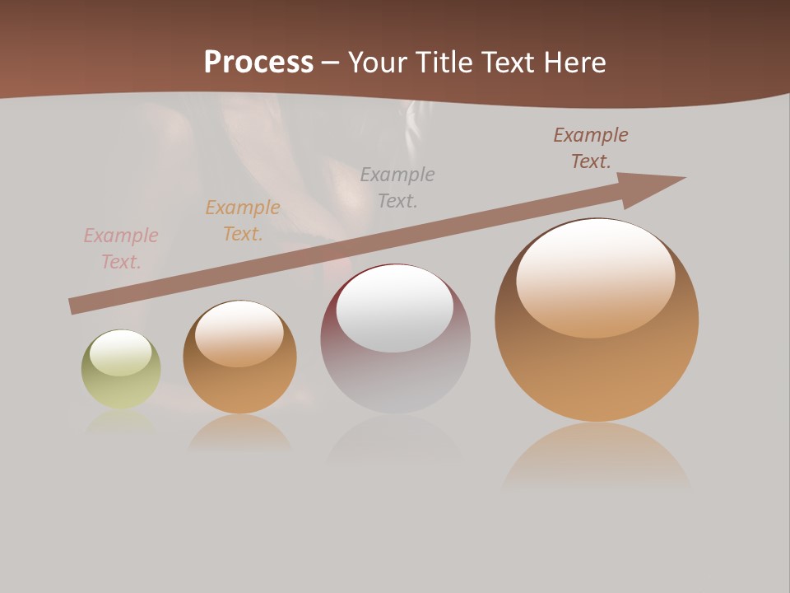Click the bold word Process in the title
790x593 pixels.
tap(258, 63)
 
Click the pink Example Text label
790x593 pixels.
tap(121, 249)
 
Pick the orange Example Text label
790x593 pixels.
tap(243, 221)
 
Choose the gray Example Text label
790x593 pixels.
tap(397, 187)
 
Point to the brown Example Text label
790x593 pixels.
tap(591, 148)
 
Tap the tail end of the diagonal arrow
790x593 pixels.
tap(72, 306)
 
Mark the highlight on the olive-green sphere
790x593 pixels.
tap(120, 353)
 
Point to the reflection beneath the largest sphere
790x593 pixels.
tap(597, 457)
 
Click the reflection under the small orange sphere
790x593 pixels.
tap(240, 432)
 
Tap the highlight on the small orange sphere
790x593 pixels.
tap(239, 334)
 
